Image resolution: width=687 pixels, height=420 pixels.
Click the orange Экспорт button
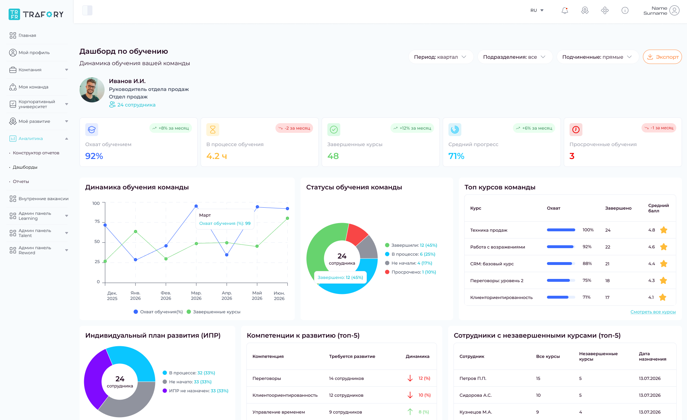[662, 57]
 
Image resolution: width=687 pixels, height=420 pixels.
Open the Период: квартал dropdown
[441, 57]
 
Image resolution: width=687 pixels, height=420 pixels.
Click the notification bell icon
[565, 10]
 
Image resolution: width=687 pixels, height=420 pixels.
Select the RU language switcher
[537, 10]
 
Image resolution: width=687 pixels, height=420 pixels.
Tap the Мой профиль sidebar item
[34, 53]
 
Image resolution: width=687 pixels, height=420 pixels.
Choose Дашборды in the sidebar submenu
[25, 167]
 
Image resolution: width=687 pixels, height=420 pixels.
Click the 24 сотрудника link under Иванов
[136, 105]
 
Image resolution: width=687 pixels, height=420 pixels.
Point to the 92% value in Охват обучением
[94, 156]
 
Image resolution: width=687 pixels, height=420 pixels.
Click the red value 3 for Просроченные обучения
[572, 156]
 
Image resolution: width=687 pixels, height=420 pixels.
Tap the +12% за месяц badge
[412, 128]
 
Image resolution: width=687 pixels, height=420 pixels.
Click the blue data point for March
[196, 206]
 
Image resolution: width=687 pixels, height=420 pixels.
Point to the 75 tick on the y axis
[97, 222]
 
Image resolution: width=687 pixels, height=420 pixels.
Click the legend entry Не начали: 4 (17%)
[409, 263]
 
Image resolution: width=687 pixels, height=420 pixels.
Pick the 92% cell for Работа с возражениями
[587, 247]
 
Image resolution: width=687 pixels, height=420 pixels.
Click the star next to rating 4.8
[664, 230]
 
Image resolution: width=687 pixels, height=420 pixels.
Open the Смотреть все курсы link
[653, 312]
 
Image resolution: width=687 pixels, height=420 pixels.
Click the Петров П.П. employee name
[473, 378]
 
